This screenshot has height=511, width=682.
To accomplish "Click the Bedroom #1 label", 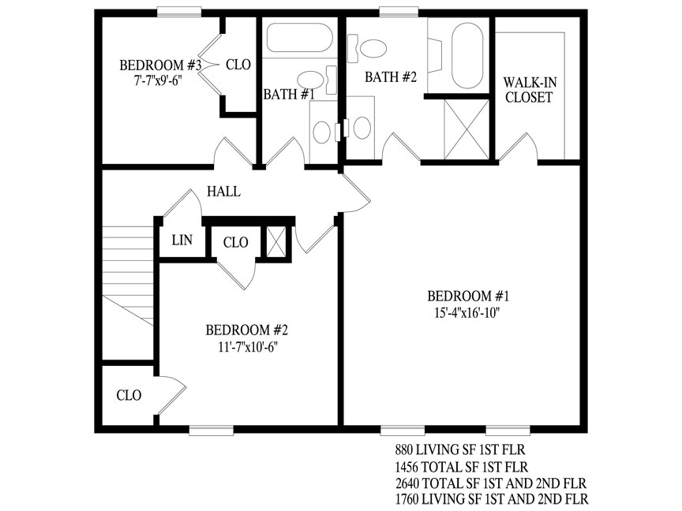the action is [x=468, y=297].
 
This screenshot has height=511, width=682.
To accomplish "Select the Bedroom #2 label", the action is [x=246, y=330].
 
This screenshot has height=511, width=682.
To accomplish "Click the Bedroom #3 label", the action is [x=160, y=65].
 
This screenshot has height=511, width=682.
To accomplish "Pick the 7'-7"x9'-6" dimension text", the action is [x=157, y=80].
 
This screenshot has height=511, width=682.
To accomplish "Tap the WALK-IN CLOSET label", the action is [x=530, y=90].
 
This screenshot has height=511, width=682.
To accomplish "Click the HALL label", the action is [x=223, y=191].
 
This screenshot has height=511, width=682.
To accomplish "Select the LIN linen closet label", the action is [x=182, y=240].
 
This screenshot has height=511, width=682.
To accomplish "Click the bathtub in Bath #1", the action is [x=300, y=37].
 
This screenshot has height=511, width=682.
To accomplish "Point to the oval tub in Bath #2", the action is [x=467, y=56].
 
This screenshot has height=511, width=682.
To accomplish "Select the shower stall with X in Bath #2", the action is [x=467, y=129].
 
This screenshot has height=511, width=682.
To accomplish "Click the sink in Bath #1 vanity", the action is [x=322, y=132].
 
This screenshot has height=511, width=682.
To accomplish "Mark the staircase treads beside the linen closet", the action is [x=128, y=275].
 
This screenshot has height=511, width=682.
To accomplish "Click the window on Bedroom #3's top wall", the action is [x=179, y=12].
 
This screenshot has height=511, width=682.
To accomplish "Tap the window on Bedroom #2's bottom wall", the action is [x=212, y=431].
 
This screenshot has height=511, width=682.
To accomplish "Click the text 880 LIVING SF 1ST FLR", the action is [x=460, y=449].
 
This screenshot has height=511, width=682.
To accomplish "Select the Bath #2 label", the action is [x=391, y=77].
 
